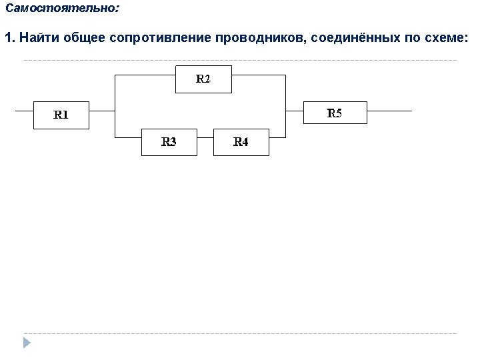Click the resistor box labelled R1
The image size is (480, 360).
61,115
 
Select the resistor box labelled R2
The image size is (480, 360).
203,79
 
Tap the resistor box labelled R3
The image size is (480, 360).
169,142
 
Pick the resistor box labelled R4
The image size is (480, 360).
241,142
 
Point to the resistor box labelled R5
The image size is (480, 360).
335,113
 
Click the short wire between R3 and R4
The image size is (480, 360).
205,137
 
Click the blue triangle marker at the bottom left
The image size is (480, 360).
27,343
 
